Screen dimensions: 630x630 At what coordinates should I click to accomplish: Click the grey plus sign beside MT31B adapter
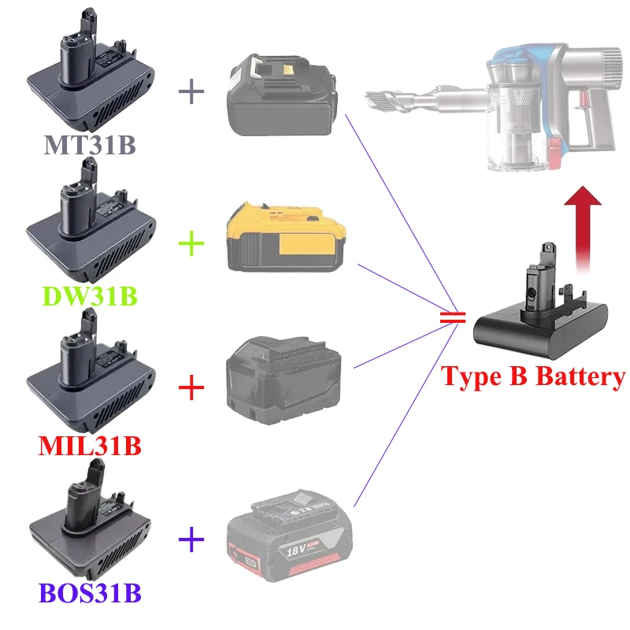191,91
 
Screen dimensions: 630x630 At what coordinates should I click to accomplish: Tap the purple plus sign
191,539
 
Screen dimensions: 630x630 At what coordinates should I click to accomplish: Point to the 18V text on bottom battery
295,542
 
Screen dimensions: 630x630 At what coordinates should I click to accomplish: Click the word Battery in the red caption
579,376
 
